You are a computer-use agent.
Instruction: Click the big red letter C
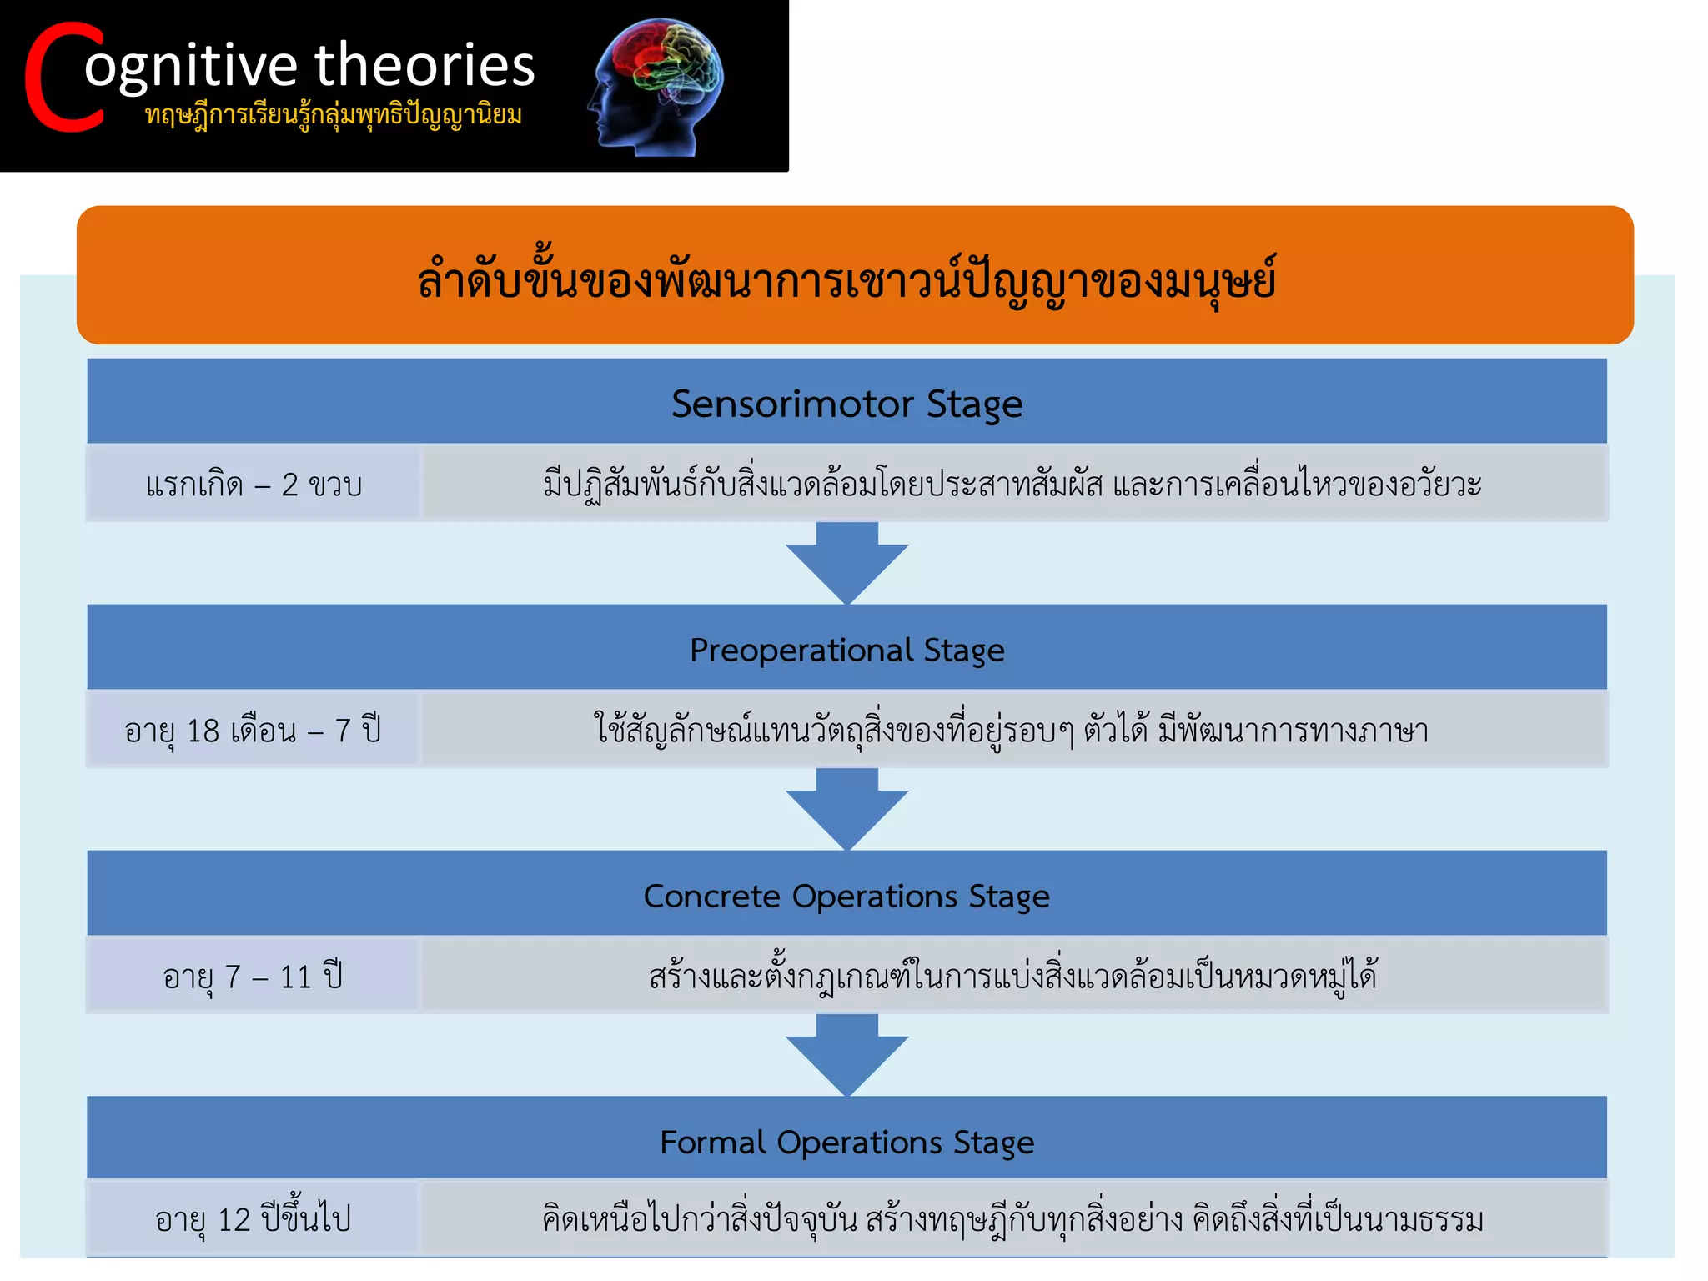pyautogui.click(x=63, y=78)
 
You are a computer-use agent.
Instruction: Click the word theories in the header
pyautogui.click(x=424, y=65)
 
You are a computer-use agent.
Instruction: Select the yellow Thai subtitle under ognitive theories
pyautogui.click(x=334, y=114)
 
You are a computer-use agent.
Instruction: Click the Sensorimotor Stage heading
pyautogui.click(x=846, y=404)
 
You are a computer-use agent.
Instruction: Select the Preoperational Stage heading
pyautogui.click(x=846, y=650)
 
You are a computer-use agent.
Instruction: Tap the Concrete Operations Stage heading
pyautogui.click(x=846, y=896)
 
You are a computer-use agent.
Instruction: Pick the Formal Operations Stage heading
pyautogui.click(x=846, y=1142)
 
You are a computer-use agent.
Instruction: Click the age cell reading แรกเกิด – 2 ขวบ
pyautogui.click(x=254, y=485)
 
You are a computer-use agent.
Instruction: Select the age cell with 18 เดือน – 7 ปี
pyautogui.click(x=254, y=731)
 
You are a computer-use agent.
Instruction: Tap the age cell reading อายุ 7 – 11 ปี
pyautogui.click(x=254, y=977)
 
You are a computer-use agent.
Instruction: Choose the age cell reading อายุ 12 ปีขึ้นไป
pyautogui.click(x=254, y=1219)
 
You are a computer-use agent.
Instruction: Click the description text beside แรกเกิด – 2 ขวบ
pyautogui.click(x=1012, y=485)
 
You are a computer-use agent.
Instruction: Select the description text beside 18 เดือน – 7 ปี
pyautogui.click(x=1011, y=731)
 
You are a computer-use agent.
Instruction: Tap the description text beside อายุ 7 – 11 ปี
pyautogui.click(x=1012, y=977)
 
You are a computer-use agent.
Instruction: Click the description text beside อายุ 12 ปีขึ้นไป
pyautogui.click(x=1012, y=1219)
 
